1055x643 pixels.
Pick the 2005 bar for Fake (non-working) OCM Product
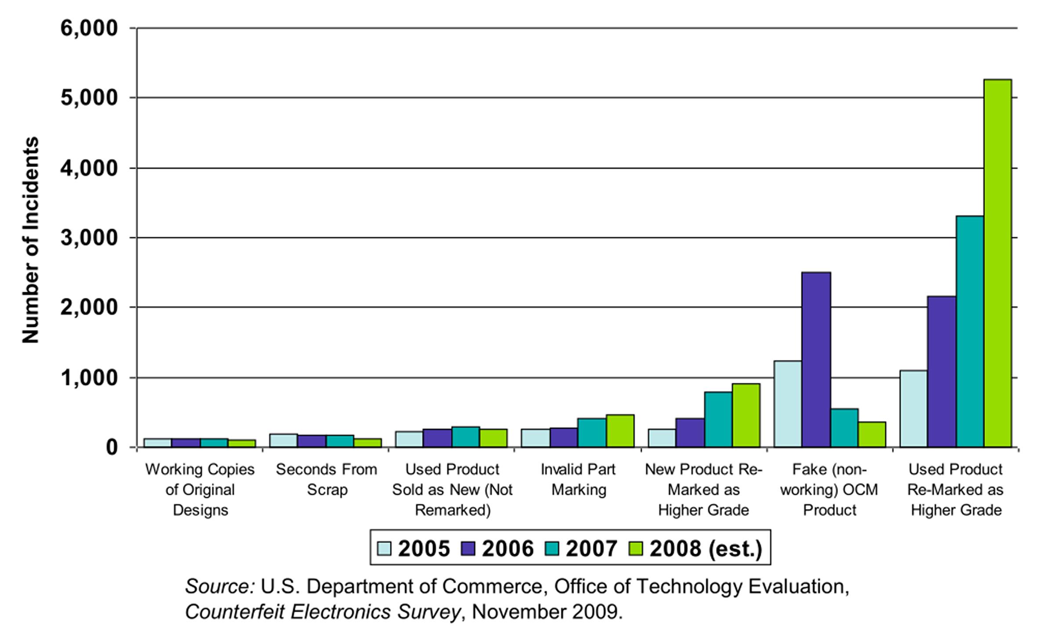[787, 404]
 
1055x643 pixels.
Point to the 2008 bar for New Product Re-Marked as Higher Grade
[746, 415]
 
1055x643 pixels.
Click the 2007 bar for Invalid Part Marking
[592, 432]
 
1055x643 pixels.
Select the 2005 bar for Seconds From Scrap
[284, 440]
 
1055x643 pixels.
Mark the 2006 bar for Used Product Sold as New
[437, 438]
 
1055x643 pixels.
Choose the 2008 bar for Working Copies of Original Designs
[242, 443]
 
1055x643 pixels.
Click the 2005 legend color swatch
[384, 549]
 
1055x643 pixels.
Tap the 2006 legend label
[507, 549]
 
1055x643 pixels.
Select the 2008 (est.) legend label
[706, 549]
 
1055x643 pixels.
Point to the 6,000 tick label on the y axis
[89, 28]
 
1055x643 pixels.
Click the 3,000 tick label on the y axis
[89, 238]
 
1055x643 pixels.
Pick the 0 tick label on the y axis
[112, 447]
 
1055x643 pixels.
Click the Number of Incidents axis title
[31, 240]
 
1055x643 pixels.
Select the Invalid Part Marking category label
[578, 480]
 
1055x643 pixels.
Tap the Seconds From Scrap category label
[327, 480]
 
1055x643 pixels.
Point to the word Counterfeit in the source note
[234, 612]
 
